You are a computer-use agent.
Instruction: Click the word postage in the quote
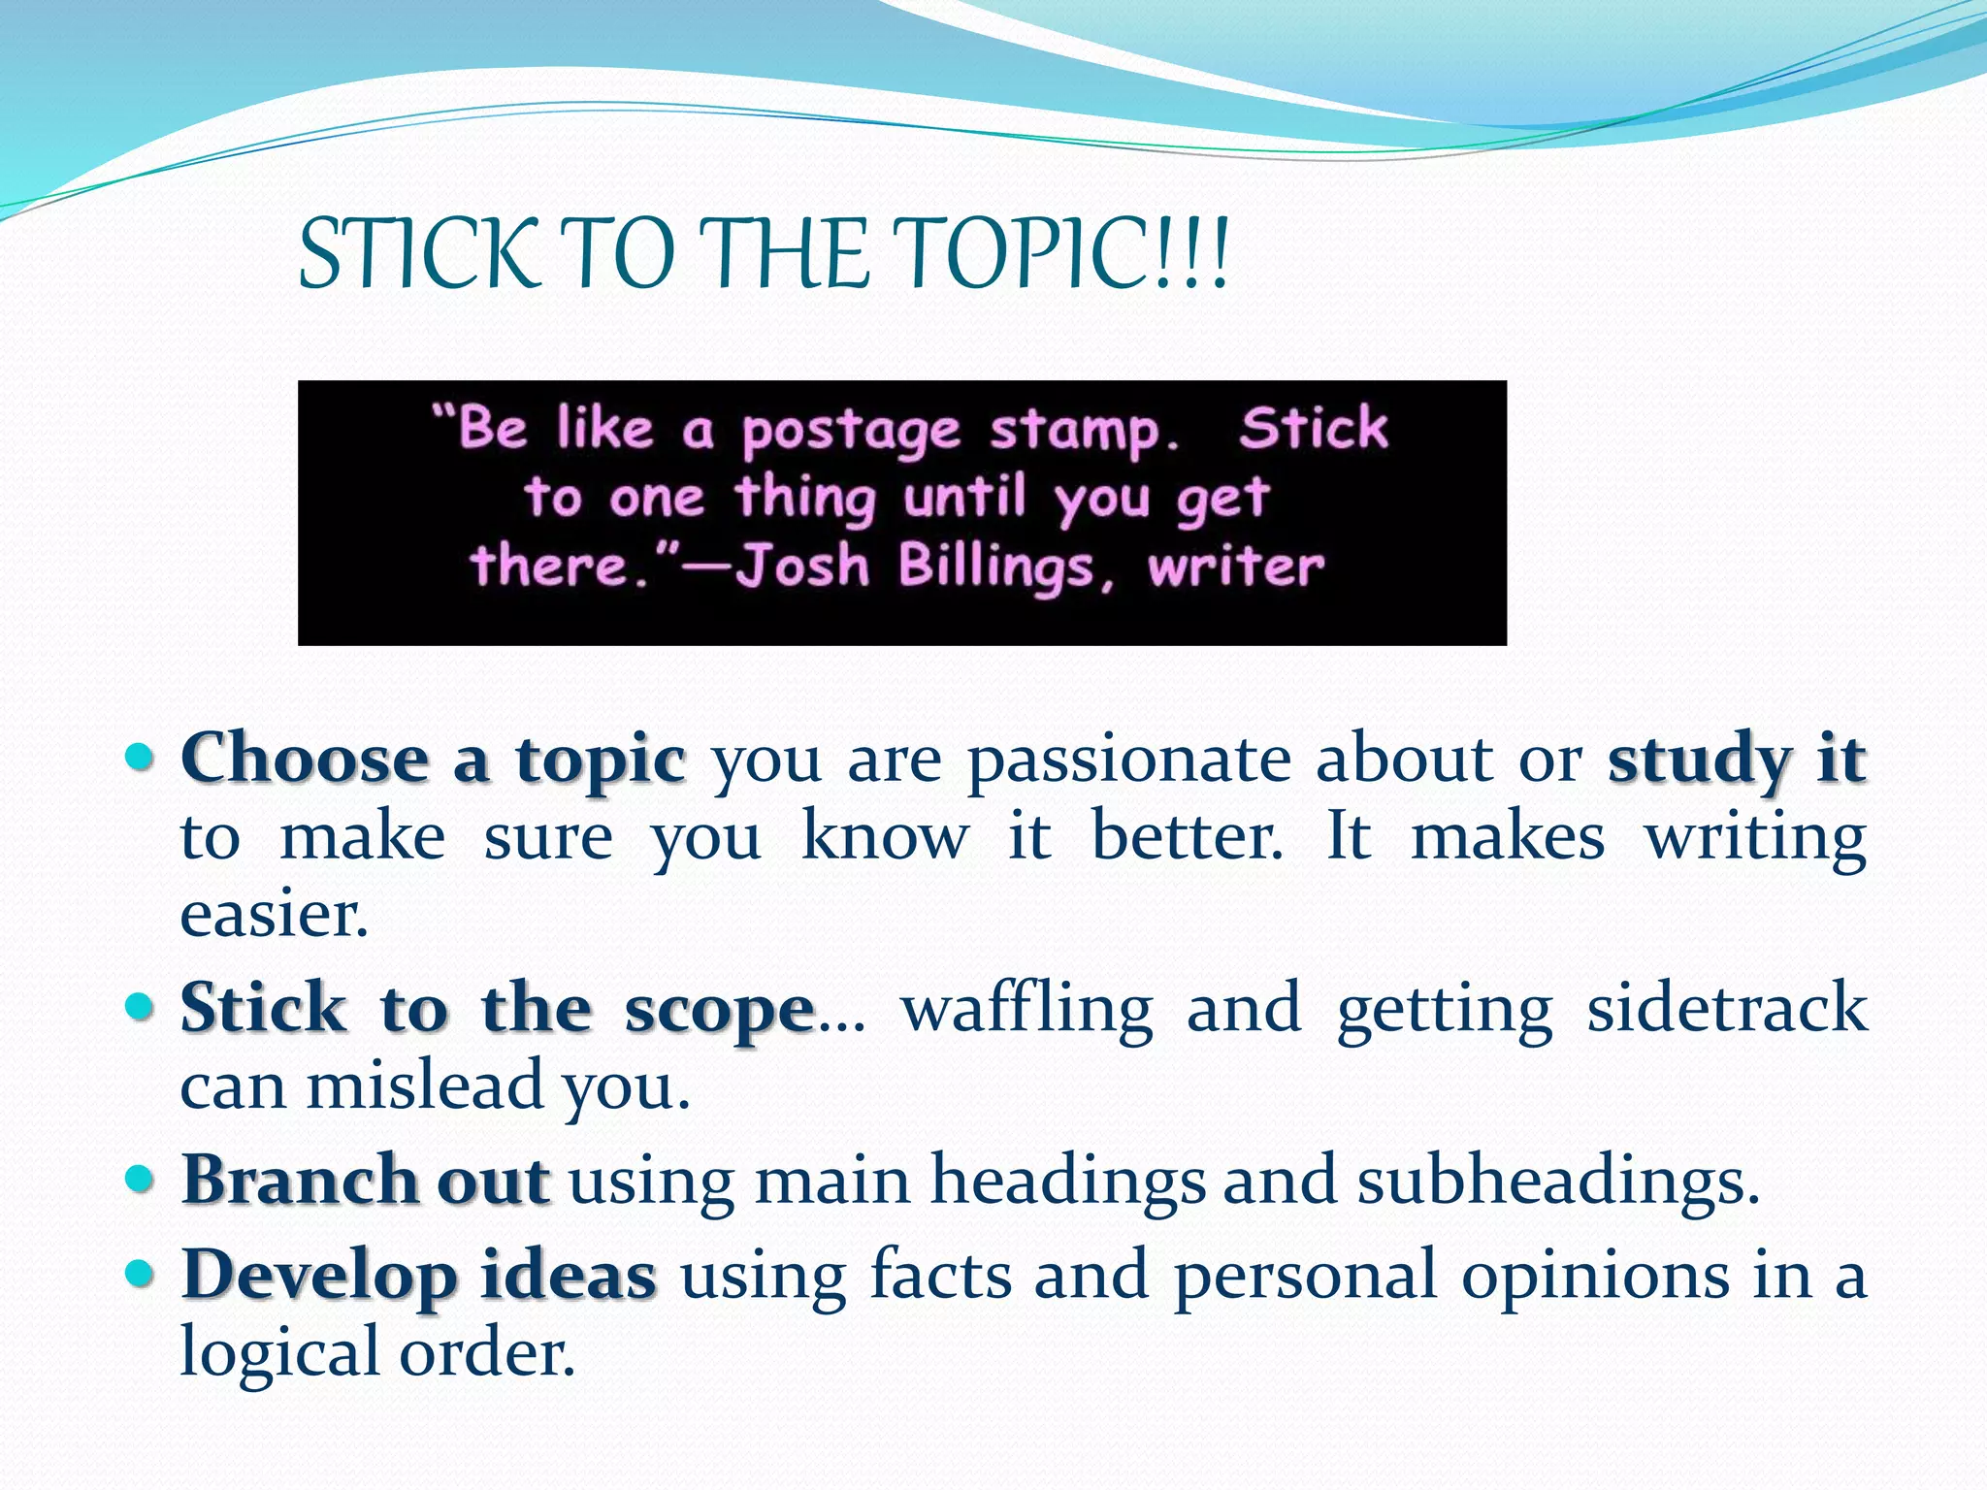[851, 432]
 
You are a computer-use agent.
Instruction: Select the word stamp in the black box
[1075, 432]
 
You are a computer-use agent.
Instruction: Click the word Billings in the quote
[995, 567]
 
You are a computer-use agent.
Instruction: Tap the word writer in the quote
[1235, 567]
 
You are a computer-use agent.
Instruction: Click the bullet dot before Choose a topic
[141, 756]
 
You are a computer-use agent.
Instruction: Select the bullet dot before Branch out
[141, 1179]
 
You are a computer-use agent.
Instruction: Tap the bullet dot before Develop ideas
[141, 1272]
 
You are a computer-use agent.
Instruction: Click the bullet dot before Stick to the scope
[141, 1006]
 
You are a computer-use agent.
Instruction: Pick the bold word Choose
[304, 758]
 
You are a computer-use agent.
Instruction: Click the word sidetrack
[1726, 1008]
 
